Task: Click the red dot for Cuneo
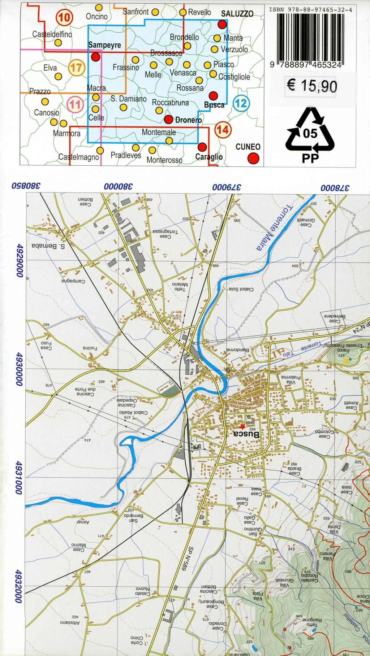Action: (x=254, y=158)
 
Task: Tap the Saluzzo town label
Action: (x=237, y=14)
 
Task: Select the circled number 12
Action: (x=241, y=104)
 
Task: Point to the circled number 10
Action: (x=65, y=17)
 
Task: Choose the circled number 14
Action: (x=223, y=129)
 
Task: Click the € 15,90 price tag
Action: (x=312, y=86)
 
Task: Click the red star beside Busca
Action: (x=242, y=426)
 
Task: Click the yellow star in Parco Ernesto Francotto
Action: (x=346, y=360)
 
